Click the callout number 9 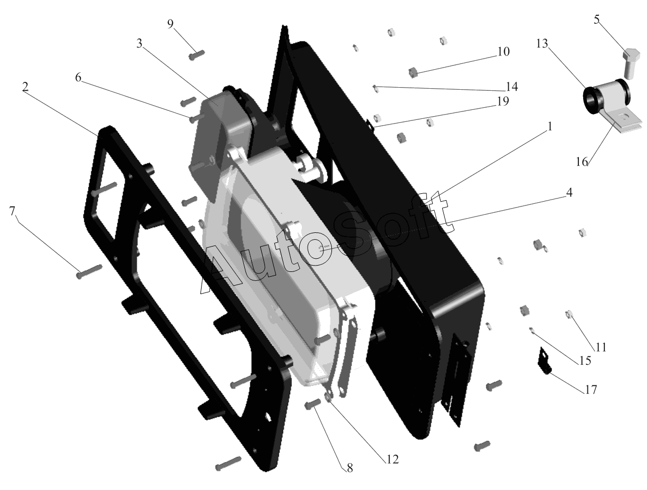point(170,24)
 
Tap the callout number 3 point(139,43)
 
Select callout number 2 point(25,87)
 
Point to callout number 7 point(12,211)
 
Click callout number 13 point(542,44)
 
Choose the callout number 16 point(582,162)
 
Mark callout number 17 point(591,390)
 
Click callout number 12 point(392,459)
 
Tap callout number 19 point(503,101)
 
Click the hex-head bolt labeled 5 point(631,63)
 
